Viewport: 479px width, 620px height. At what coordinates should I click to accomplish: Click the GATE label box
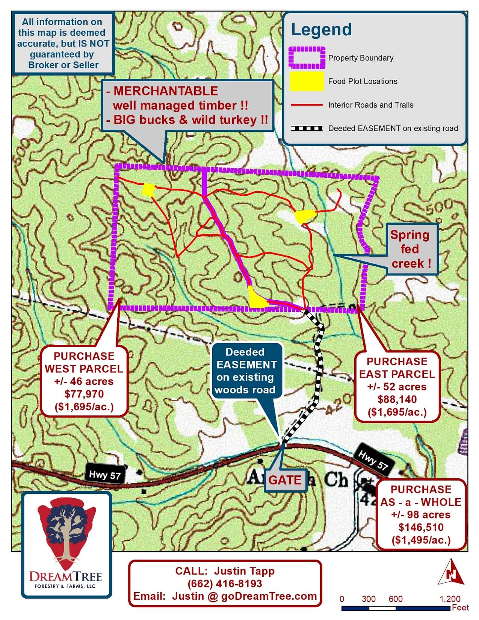tap(285, 480)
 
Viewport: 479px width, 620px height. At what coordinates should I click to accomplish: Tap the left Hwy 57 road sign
tap(105, 475)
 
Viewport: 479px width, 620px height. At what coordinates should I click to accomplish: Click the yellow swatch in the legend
tap(307, 81)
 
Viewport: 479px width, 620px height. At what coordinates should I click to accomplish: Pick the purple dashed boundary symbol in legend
tap(307, 57)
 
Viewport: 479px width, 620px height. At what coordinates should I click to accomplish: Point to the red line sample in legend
tap(307, 105)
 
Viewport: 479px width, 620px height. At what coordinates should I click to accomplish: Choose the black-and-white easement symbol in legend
tap(307, 129)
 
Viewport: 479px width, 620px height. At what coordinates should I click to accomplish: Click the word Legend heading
tap(321, 30)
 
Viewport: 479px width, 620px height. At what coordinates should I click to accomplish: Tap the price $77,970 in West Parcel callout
tap(84, 394)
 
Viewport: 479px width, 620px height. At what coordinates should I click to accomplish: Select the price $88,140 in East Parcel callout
tap(397, 399)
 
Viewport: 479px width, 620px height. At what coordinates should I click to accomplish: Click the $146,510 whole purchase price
tap(421, 527)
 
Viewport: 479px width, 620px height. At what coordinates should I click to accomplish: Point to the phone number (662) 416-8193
tap(225, 584)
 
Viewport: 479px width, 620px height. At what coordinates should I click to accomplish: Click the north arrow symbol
tap(452, 572)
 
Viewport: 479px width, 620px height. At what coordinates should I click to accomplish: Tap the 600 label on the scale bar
tap(396, 599)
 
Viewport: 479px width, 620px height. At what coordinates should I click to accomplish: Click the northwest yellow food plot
tap(149, 190)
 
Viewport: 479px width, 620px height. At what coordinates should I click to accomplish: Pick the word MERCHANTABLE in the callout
tap(166, 91)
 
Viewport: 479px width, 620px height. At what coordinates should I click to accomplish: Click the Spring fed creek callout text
tap(409, 249)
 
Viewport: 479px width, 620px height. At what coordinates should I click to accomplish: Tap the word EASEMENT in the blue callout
tap(246, 364)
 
